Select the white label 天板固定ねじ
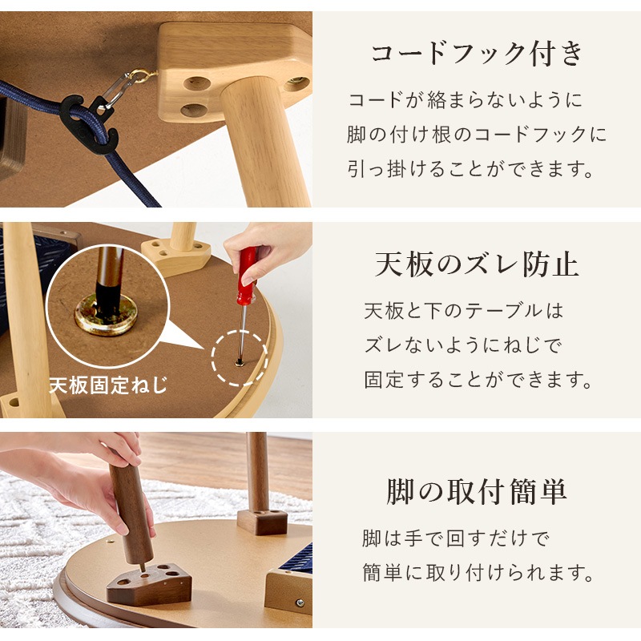coord(108,385)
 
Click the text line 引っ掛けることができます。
coord(474,170)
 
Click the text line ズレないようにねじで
coord(463,345)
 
